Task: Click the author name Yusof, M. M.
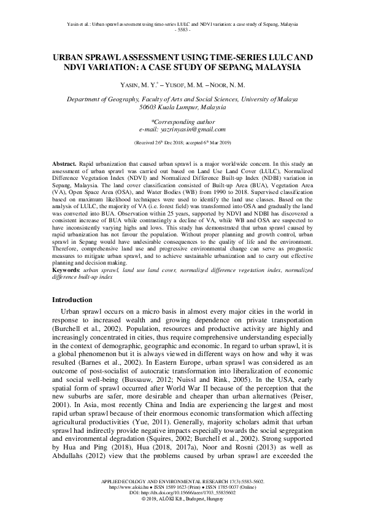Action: point(183,84)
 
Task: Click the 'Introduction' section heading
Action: point(72,300)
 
